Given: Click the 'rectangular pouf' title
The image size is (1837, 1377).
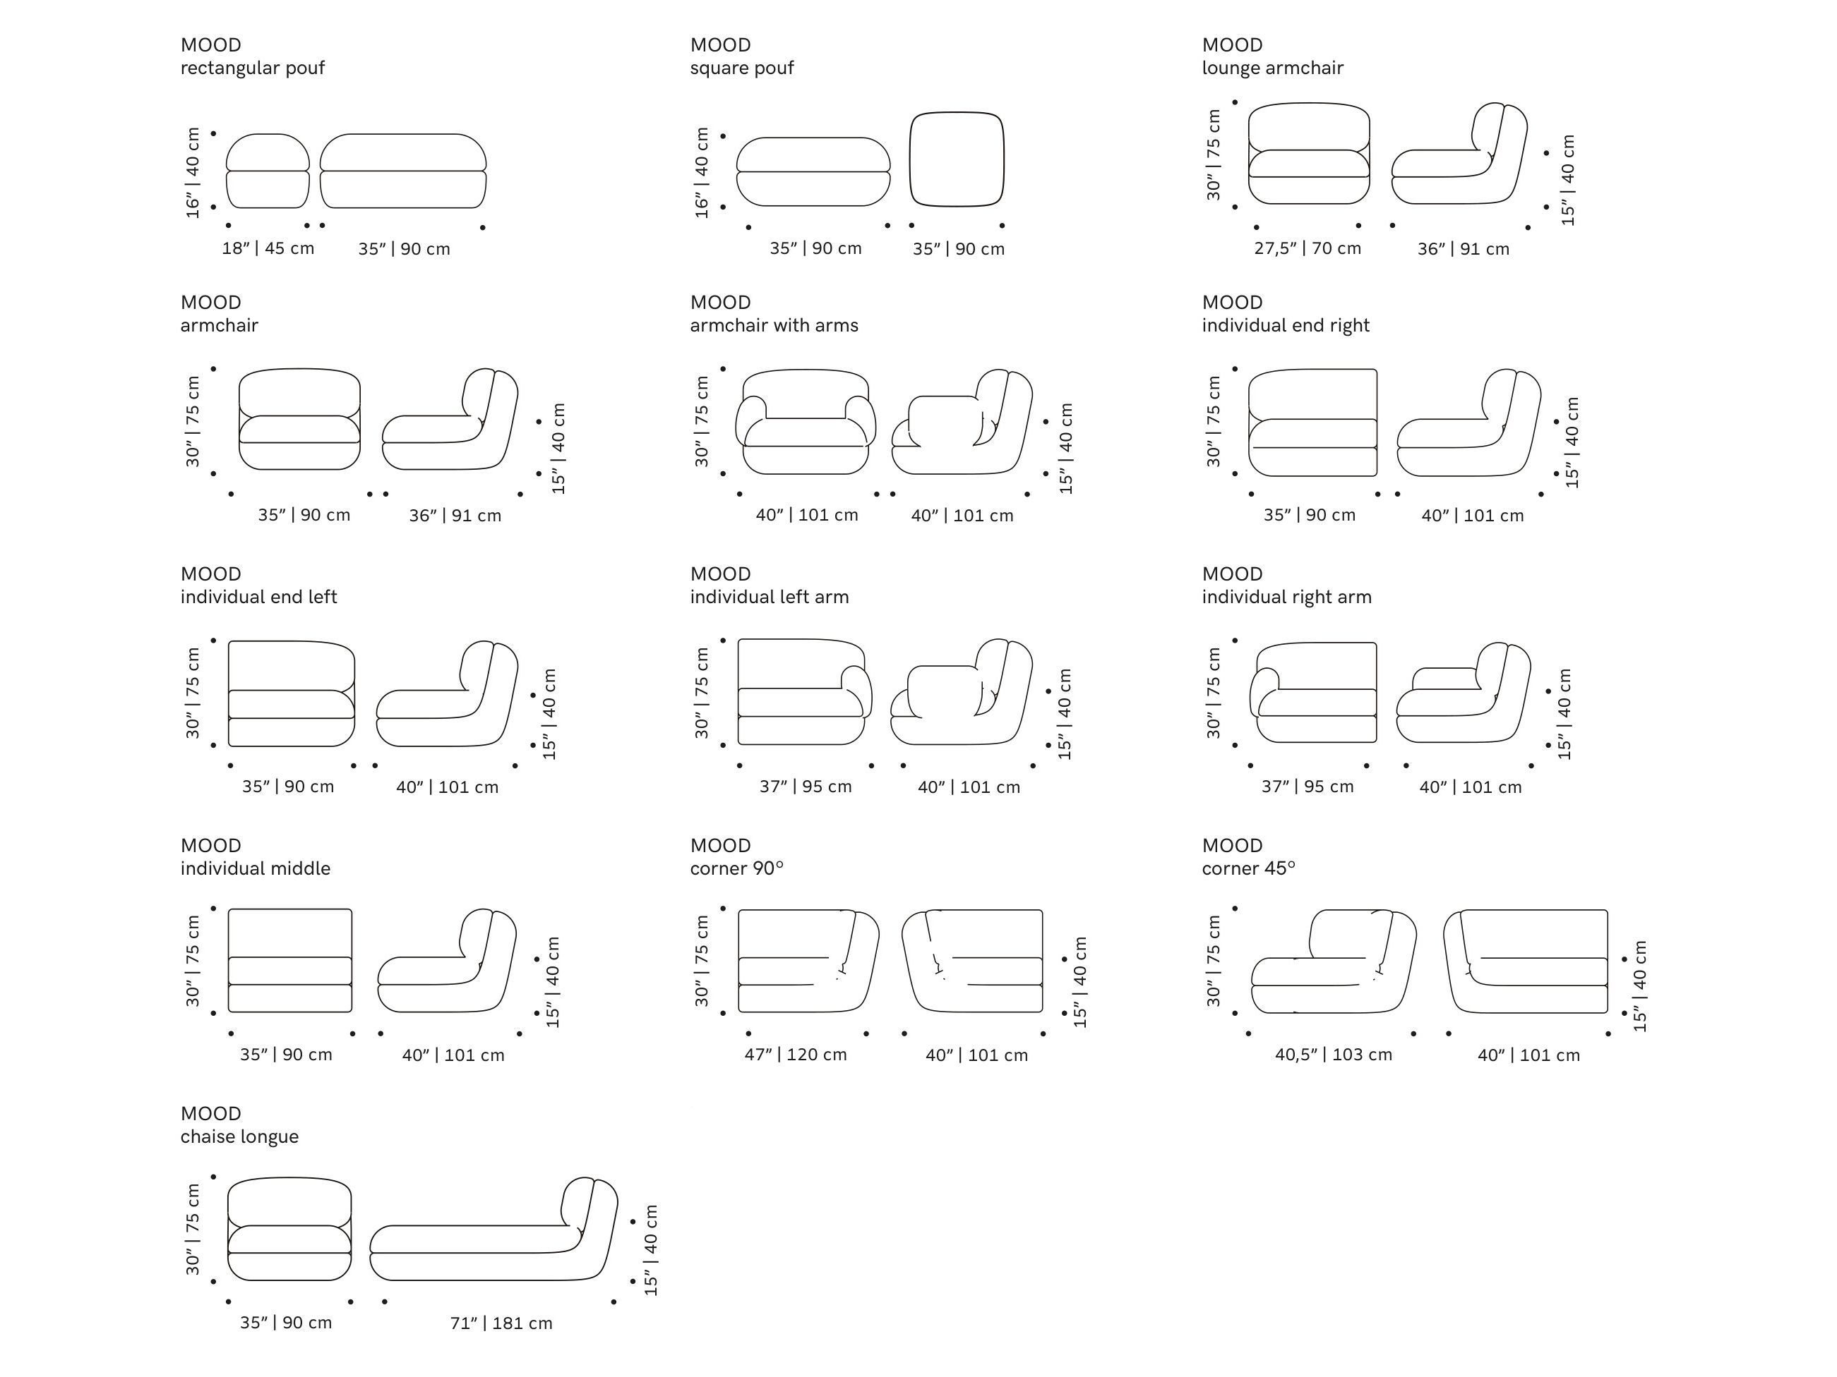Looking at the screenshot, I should point(253,68).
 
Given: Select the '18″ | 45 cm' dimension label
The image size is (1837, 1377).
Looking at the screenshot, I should point(268,248).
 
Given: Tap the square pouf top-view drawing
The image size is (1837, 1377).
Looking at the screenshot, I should point(957,159).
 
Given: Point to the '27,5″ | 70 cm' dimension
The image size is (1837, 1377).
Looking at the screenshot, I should point(1308,248).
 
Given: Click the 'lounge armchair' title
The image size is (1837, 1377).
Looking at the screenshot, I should point(1272,68).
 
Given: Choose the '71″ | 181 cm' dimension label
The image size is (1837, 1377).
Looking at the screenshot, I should point(501,1323).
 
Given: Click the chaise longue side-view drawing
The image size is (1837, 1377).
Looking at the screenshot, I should point(493,1230).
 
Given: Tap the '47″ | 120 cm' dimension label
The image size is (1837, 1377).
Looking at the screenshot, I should point(796,1054).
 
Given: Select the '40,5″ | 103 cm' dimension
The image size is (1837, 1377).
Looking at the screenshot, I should point(1333,1054).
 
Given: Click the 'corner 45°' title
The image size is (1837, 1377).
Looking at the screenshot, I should point(1248,868).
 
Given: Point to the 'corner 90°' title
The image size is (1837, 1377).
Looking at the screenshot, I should point(736,868).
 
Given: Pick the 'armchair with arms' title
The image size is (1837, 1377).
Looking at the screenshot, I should point(774,325).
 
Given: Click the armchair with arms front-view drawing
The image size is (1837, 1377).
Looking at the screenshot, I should point(805,423).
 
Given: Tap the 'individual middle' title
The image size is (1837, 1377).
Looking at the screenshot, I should point(255,868).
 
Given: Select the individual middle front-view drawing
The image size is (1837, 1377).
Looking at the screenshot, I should point(290,960).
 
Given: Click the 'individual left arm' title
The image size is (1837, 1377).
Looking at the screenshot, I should point(769,597).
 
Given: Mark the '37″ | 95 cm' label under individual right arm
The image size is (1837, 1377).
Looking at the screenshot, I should point(1308,786).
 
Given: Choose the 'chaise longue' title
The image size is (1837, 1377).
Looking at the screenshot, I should point(239,1136).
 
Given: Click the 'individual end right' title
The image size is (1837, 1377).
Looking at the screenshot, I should point(1286,325).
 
